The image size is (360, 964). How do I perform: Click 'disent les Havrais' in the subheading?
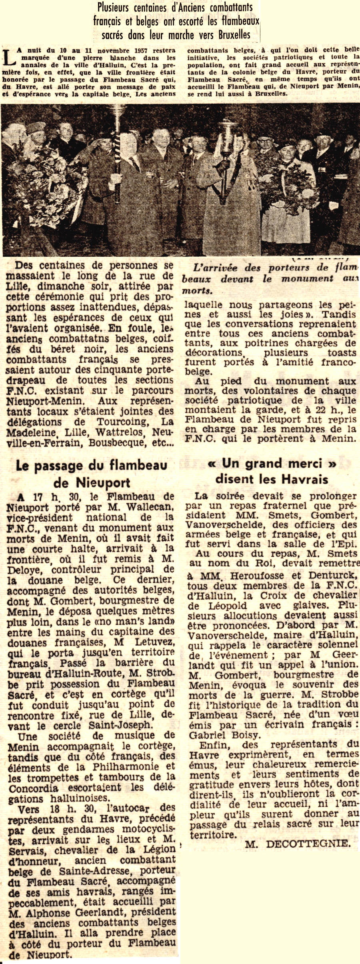click(272, 479)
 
